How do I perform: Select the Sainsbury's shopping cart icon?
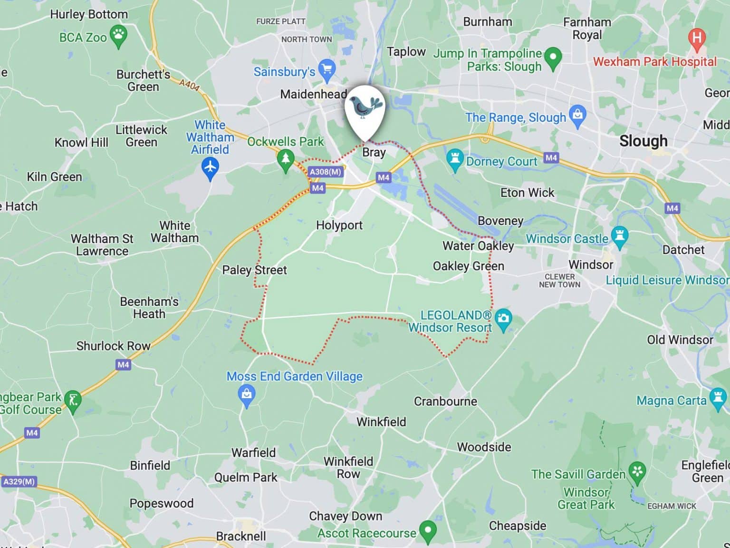click(327, 69)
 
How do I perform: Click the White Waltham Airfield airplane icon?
click(210, 168)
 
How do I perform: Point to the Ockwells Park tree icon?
click(286, 158)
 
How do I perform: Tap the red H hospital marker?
click(696, 38)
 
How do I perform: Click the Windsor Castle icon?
click(619, 236)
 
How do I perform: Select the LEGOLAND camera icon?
click(503, 319)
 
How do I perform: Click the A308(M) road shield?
click(325, 172)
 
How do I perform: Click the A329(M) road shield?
click(19, 481)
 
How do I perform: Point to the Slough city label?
click(643, 141)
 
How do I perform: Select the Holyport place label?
click(339, 225)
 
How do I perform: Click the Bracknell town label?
click(241, 536)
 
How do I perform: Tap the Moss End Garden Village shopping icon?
click(247, 395)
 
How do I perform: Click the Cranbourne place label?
click(445, 401)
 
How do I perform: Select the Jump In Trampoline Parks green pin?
click(553, 58)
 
